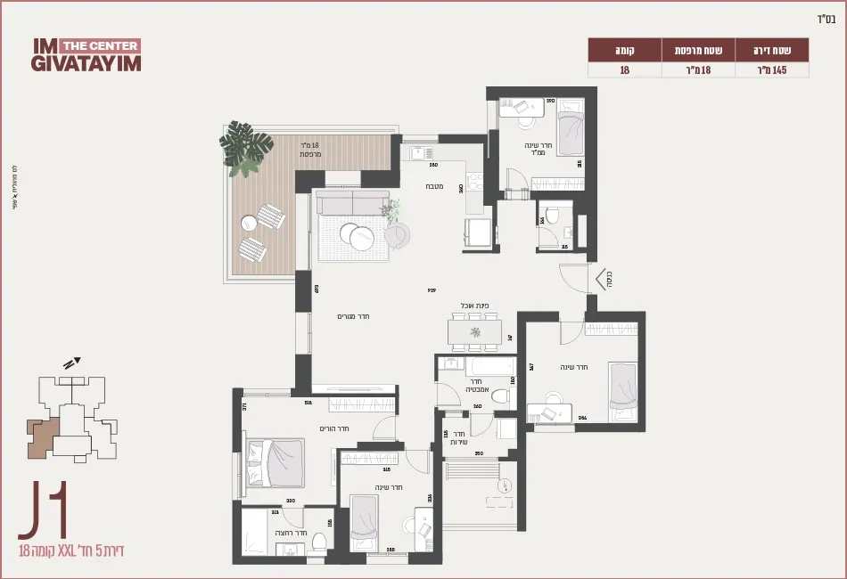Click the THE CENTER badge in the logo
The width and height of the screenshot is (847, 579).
pos(100,45)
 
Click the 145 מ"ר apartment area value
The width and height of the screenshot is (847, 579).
pos(772,69)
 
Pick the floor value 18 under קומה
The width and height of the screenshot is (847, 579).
pos(624,69)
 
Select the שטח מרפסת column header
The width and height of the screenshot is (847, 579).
pos(697,48)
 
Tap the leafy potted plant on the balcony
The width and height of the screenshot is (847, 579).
pos(246,147)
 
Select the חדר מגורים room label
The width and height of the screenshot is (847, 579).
pos(353,316)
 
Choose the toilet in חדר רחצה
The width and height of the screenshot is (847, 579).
pos(319,539)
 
